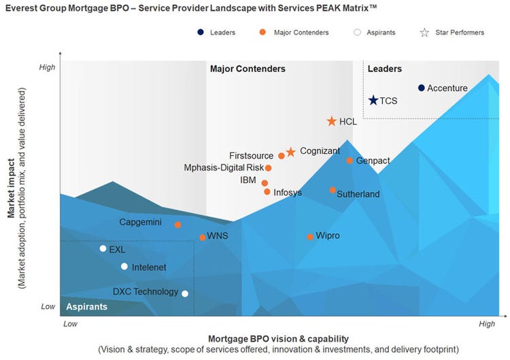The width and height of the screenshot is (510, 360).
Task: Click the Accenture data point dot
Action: [422, 88]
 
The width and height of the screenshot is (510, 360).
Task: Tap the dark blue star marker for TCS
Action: [373, 101]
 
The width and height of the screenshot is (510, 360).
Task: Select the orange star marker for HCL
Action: [331, 121]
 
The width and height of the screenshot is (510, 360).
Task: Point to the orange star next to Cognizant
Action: [290, 152]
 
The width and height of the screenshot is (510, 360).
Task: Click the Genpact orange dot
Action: [350, 161]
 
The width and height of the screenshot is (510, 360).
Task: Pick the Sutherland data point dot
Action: [333, 191]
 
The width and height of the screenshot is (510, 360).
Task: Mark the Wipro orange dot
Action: [310, 237]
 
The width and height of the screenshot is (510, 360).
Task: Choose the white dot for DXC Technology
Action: [185, 294]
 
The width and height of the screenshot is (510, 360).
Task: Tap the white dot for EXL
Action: [103, 248]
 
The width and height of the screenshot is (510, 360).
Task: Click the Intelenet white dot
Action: [124, 267]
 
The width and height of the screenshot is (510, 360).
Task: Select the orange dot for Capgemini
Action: [177, 225]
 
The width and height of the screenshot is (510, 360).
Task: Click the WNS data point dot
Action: [203, 238]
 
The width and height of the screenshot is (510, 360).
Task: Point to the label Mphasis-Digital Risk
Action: [223, 167]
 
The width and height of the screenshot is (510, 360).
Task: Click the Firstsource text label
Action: [251, 156]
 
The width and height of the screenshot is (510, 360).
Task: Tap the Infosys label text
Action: [288, 193]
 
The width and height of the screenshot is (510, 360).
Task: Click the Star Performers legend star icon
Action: [425, 32]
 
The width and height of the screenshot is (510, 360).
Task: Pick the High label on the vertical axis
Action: [47, 67]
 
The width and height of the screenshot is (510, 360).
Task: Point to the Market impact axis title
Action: [12, 188]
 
